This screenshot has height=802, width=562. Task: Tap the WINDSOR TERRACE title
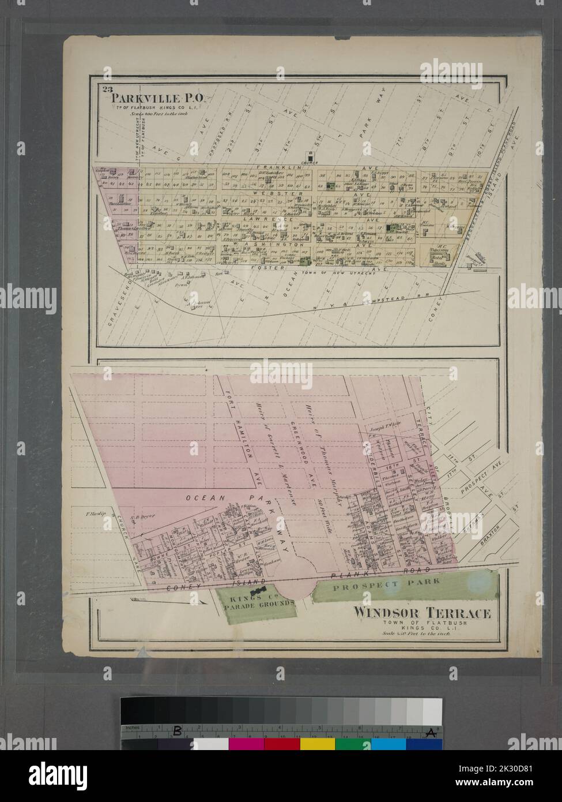[x=422, y=613]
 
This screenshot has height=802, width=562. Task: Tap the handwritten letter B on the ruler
[x=178, y=732]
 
